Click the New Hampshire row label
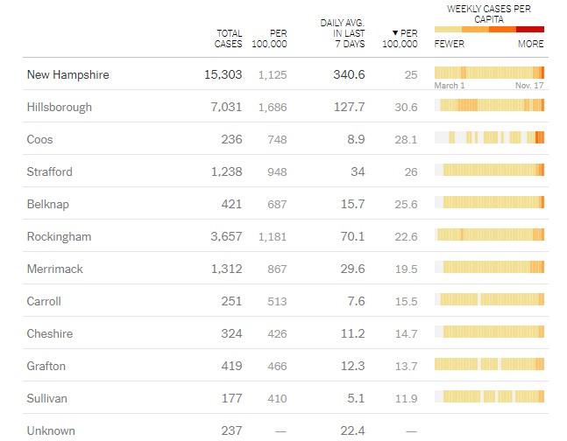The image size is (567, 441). point(68,75)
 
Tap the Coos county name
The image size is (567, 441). point(42,139)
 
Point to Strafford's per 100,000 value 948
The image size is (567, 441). point(276,171)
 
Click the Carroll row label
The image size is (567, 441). point(44,301)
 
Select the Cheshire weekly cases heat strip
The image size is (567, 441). point(490,332)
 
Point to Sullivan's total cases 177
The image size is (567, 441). point(231,398)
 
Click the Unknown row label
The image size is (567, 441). point(51,430)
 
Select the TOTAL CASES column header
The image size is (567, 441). point(229,38)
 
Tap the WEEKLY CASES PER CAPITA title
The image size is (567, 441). point(489,13)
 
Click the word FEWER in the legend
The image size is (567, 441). point(450,44)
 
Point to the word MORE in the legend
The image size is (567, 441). point(530,44)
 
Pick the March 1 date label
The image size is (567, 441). point(450,86)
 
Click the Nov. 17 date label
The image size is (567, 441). point(529,86)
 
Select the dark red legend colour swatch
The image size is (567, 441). point(530,30)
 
